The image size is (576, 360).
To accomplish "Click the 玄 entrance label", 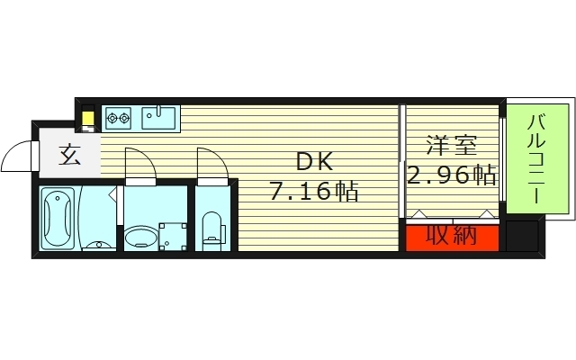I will pos(69,156).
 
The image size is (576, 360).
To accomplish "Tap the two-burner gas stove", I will pos(120,115).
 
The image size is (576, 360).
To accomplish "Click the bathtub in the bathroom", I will pos(58,218).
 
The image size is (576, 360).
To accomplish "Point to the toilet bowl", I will pos(213,229).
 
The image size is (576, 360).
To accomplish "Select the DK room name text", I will pos(315,163).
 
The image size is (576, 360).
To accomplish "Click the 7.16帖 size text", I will pos(314,192).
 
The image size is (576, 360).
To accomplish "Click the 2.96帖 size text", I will pos(452,175).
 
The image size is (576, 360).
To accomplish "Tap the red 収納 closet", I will pos(449,238).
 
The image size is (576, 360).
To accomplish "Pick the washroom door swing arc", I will pos(139,164).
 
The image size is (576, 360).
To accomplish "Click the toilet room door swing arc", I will pos(211,164).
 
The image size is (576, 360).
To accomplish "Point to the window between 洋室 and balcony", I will pos(500,157).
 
